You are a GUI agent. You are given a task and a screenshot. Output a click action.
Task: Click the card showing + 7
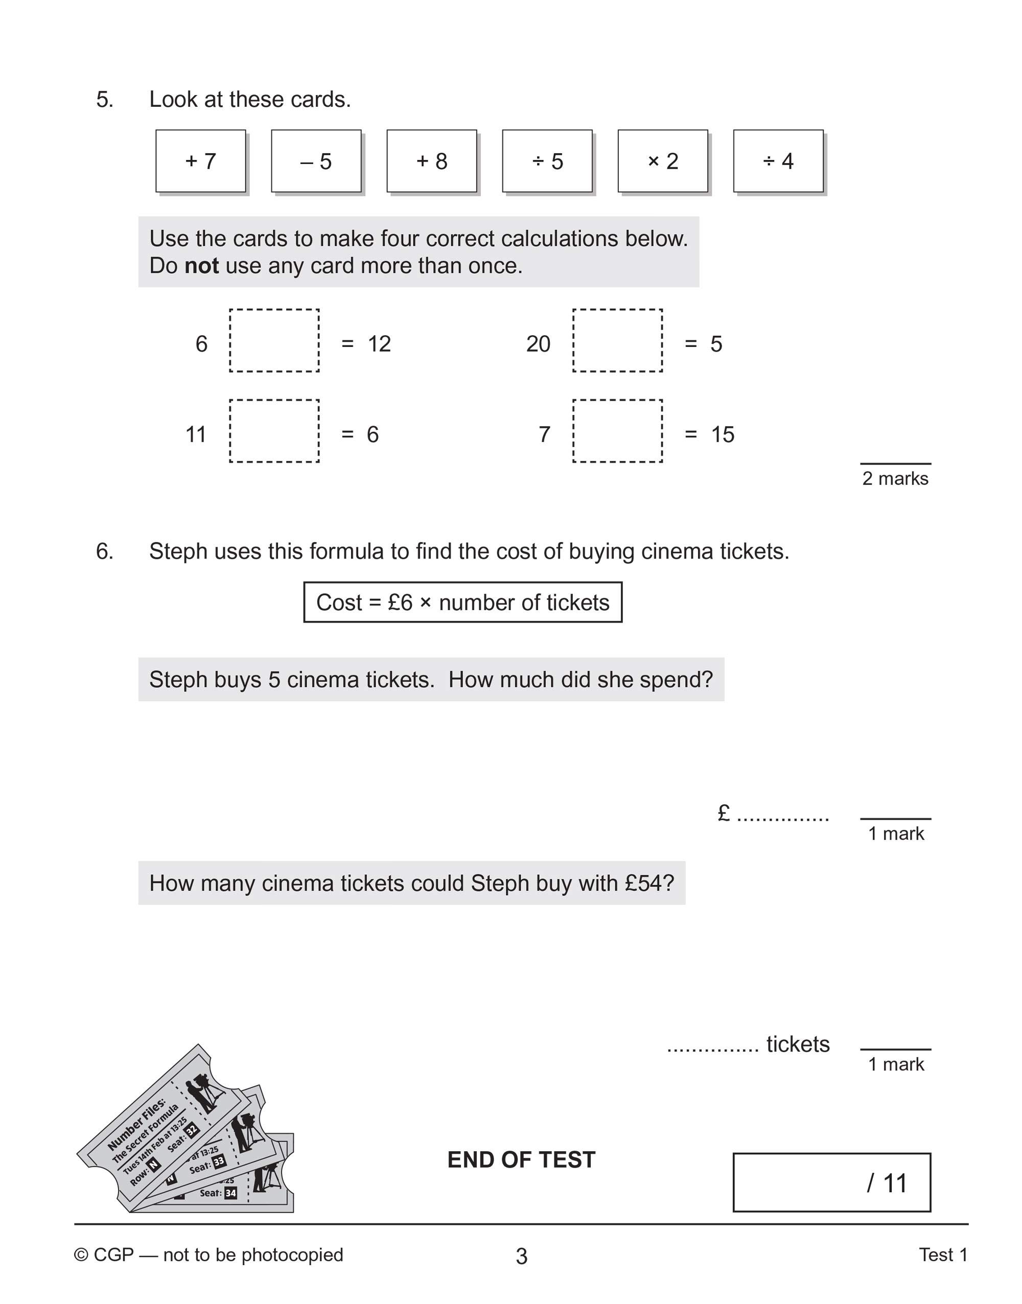(x=200, y=161)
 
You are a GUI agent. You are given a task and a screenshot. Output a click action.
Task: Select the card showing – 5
(x=316, y=161)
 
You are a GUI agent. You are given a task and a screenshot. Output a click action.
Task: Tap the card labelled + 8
(x=431, y=161)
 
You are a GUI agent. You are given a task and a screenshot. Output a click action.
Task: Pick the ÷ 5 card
(x=547, y=161)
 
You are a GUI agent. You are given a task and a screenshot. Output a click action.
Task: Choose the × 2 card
(x=662, y=161)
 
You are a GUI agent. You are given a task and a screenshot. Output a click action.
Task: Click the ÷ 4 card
(x=778, y=161)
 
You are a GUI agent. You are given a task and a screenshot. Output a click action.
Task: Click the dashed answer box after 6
(x=274, y=340)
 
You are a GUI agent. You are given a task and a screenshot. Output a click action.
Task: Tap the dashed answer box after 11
(x=274, y=431)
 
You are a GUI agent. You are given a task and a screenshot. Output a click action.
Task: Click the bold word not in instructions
(x=202, y=266)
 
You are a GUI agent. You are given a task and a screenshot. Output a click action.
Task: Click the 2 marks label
(x=895, y=479)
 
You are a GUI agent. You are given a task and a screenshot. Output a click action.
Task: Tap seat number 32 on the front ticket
(x=192, y=1130)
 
